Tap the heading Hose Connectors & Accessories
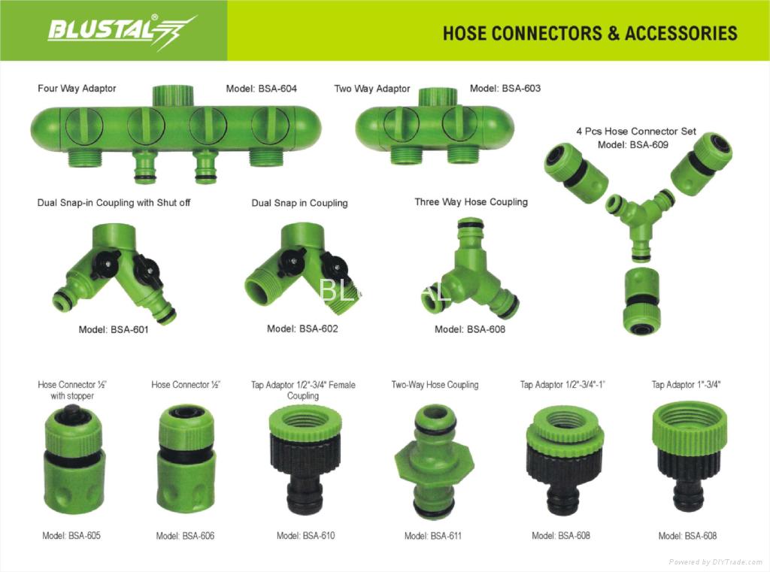pos(590,33)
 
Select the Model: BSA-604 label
pos(261,89)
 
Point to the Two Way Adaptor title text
pos(372,89)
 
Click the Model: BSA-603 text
pos(505,89)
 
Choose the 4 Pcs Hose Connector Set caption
pos(636,131)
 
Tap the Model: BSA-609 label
pos(632,144)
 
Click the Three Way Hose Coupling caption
pos(471,202)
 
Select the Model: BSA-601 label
pos(114,329)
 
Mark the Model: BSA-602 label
pos(302,328)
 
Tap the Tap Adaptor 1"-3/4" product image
pos(688,455)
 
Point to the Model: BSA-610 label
pos(305,536)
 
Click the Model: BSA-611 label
pos(433,536)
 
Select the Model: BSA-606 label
pos(185,536)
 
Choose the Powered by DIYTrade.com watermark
pos(716,562)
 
